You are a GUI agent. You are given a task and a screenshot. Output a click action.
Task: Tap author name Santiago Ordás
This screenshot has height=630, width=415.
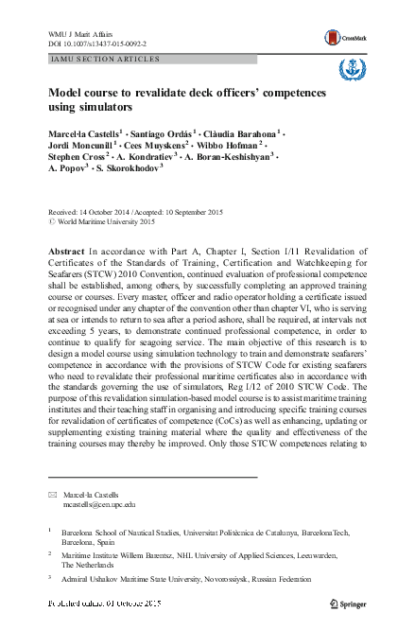tap(162, 135)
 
